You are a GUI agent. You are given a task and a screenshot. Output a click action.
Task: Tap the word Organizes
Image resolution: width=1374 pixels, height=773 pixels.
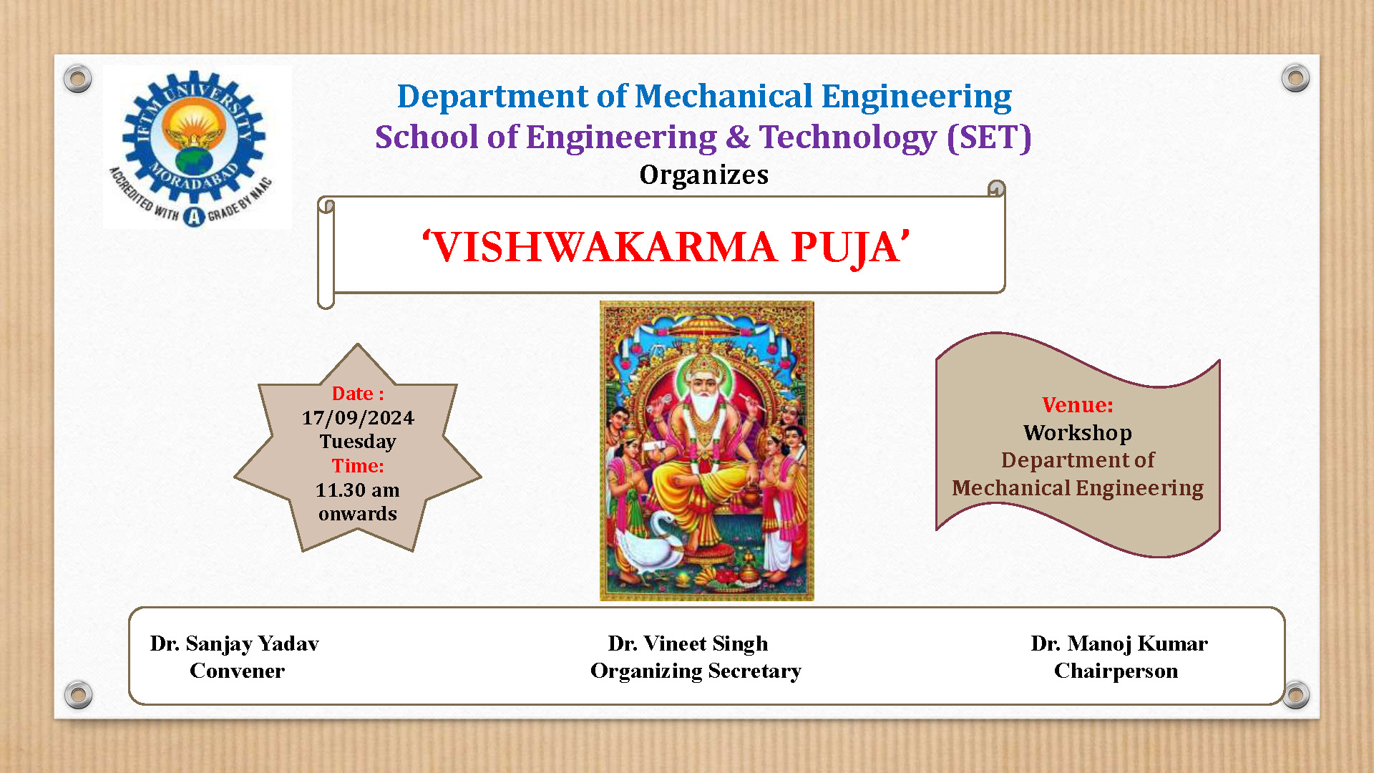[x=704, y=175]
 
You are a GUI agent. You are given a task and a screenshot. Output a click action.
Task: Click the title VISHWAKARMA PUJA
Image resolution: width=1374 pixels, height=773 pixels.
[x=666, y=247]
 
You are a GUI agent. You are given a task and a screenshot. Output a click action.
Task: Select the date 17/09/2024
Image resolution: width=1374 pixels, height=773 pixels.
[x=358, y=418]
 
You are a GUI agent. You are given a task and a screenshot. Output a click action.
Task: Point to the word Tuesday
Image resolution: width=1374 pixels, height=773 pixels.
[x=358, y=442]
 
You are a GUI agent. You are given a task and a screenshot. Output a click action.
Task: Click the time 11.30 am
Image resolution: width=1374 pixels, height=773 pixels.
[x=358, y=490]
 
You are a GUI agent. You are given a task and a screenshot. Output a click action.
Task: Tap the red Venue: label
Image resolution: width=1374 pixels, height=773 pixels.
[x=1078, y=405]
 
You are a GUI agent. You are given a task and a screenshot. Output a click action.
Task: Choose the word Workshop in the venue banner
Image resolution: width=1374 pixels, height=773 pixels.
[x=1078, y=433]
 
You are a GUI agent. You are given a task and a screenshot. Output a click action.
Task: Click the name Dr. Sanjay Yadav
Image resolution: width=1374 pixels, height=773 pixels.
[x=234, y=644]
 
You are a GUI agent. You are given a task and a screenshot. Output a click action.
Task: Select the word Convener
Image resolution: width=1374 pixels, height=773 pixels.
[x=237, y=671]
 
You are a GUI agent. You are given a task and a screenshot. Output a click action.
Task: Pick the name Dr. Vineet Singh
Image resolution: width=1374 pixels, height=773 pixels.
[x=688, y=644]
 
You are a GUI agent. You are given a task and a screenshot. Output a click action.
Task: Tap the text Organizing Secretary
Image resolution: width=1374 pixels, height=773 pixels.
[x=696, y=671]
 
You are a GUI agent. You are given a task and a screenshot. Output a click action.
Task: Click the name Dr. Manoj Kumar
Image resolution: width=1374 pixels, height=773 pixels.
[x=1119, y=644]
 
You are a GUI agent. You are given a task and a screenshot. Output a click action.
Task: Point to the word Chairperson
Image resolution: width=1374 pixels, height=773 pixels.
[x=1116, y=671]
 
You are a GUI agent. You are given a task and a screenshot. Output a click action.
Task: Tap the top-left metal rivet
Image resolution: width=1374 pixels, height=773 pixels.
[x=77, y=78]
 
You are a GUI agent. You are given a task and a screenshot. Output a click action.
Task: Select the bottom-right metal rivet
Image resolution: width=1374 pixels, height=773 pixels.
[x=1295, y=695]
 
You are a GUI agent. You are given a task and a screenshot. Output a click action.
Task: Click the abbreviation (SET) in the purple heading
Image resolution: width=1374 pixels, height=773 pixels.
[x=989, y=137]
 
